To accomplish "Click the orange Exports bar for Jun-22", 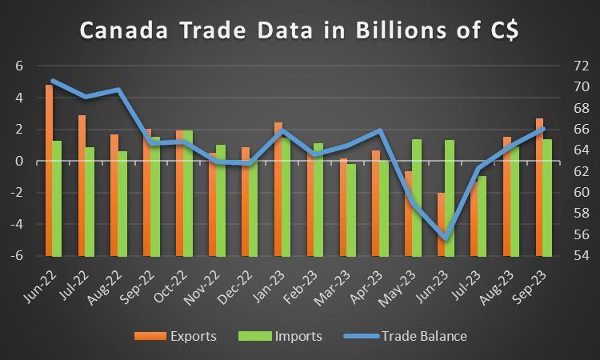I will [49, 170].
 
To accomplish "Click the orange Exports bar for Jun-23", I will [441, 224].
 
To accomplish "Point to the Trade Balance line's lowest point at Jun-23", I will [445, 238].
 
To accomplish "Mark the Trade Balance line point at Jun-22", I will [53, 81].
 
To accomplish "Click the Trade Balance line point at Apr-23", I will [380, 130].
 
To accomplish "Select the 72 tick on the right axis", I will [582, 66].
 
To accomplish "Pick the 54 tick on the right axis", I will [582, 256].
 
